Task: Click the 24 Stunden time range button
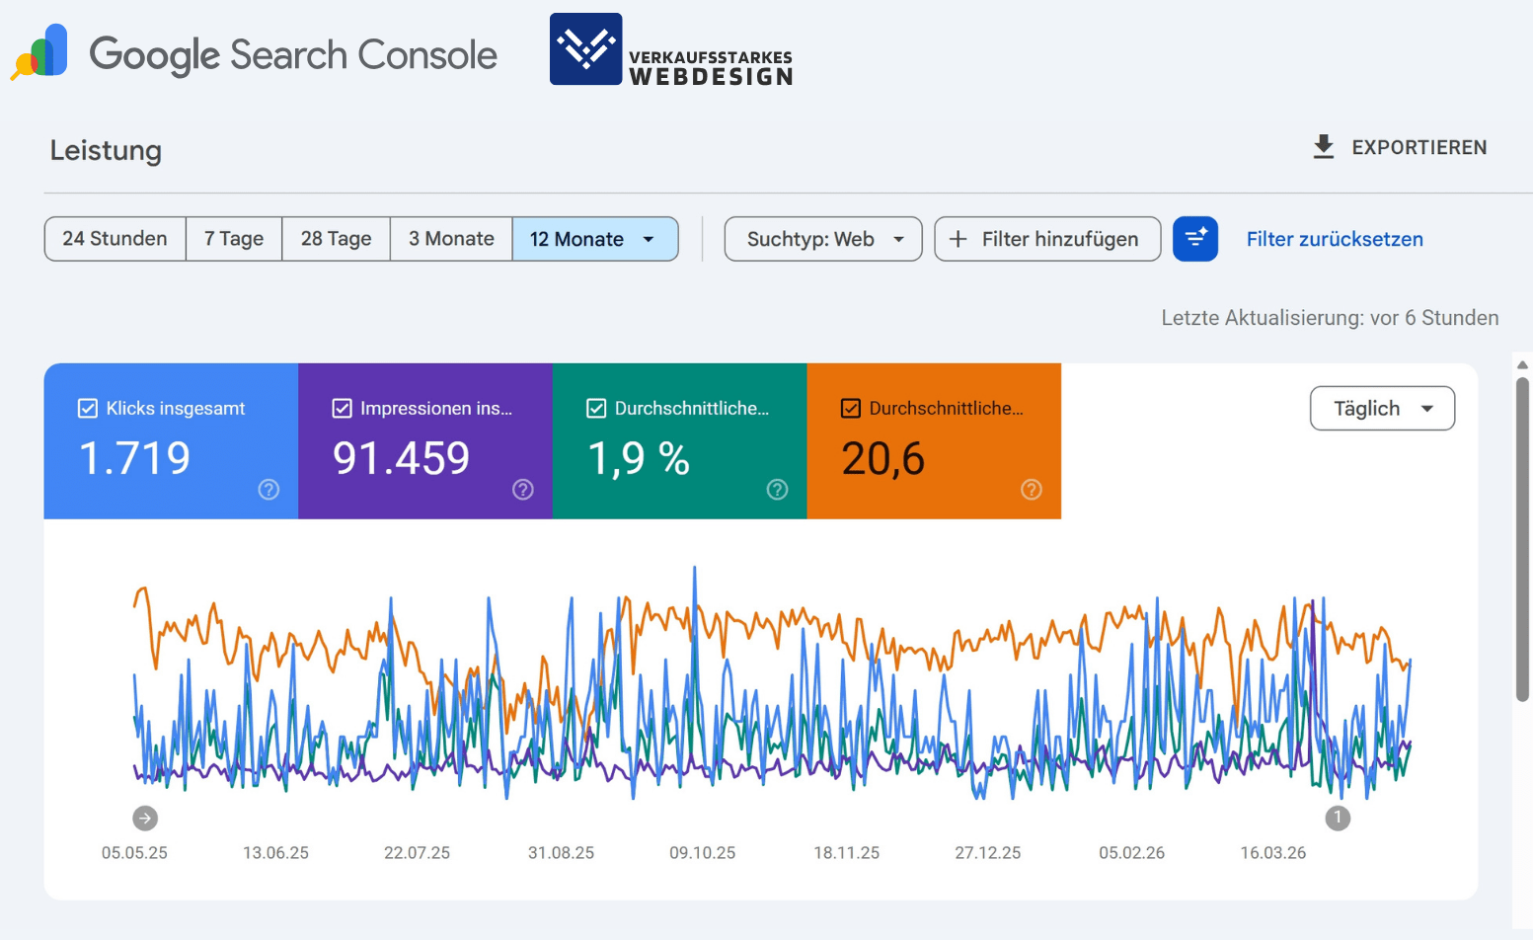(115, 239)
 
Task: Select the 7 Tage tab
(234, 239)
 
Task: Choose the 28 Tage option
(336, 239)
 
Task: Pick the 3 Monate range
(451, 239)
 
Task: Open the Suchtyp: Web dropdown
(823, 239)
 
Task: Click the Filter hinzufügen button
(1046, 239)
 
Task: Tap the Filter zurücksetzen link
(1334, 239)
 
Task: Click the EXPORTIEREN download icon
(1324, 147)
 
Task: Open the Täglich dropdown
(1381, 409)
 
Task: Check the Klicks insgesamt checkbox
(88, 409)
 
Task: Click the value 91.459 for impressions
(401, 458)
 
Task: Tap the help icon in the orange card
(1031, 490)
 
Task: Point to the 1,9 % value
(639, 458)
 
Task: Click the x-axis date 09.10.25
(702, 852)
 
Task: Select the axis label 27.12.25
(987, 852)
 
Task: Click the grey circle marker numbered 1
(1338, 818)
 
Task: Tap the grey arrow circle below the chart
(145, 818)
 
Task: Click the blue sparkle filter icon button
(1194, 239)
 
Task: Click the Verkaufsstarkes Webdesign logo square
(585, 49)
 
